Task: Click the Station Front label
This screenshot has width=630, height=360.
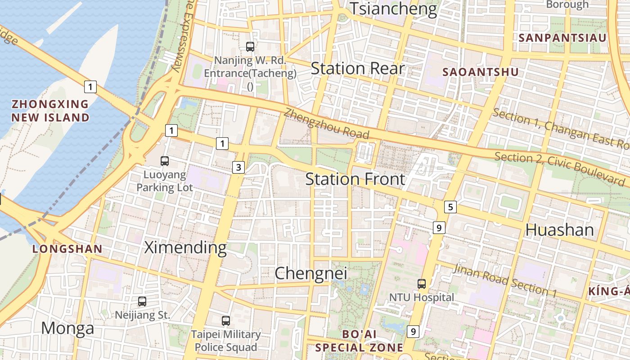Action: tap(355, 179)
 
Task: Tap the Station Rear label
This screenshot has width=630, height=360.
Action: tap(358, 69)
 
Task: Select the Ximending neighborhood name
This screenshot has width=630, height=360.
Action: tap(185, 247)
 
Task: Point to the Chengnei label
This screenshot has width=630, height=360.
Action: tap(311, 273)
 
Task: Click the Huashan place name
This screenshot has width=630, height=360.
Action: tap(559, 230)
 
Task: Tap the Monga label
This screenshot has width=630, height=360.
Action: tap(67, 328)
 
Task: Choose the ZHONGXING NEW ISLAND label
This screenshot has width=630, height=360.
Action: tap(50, 111)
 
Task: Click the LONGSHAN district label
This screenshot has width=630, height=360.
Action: tap(67, 248)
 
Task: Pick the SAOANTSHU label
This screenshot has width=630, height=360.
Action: tap(480, 72)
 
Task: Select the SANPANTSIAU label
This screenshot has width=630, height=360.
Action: tap(562, 38)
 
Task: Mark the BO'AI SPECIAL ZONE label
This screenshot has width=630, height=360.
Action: tap(359, 341)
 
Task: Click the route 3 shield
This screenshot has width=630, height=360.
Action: tap(238, 168)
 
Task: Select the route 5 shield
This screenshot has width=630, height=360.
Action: tap(450, 207)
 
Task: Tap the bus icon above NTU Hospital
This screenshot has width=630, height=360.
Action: tap(422, 283)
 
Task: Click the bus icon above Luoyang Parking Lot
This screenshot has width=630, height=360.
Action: tap(165, 161)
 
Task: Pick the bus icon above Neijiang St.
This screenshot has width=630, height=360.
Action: tap(142, 301)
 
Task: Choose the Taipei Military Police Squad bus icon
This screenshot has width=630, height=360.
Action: tap(226, 321)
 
